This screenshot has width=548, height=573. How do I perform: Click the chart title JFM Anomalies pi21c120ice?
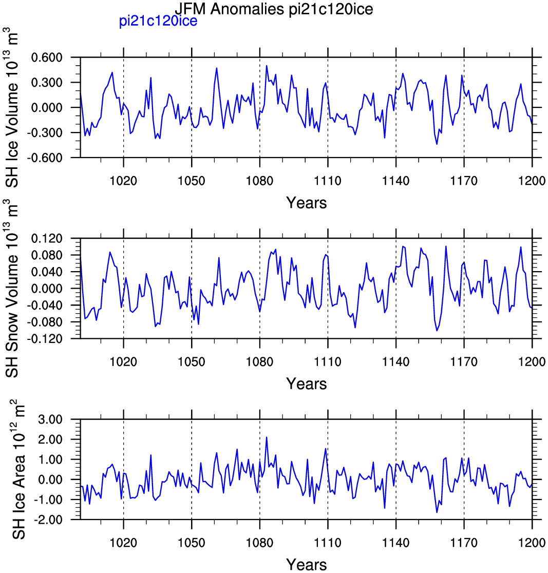273,8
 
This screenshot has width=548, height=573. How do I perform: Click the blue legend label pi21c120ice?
158,21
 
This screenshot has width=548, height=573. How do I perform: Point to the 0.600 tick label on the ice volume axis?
47,58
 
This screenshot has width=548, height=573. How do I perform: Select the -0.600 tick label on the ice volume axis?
45,158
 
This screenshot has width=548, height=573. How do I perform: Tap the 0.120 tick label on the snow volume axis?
47,238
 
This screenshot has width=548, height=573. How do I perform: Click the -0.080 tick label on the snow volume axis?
45,322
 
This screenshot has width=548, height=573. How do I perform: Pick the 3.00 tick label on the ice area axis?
50,419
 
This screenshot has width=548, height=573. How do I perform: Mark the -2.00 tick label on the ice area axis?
48,519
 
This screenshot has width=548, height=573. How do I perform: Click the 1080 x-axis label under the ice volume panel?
259,181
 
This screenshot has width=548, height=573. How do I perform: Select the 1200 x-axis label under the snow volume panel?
532,361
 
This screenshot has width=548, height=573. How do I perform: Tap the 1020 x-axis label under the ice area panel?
124,542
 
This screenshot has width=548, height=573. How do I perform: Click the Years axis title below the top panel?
306,202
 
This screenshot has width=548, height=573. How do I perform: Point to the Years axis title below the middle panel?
306,384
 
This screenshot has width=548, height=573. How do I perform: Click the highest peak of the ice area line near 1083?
267,437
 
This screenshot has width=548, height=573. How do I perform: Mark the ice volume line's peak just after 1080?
267,66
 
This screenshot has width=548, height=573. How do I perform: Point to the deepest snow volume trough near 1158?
437,330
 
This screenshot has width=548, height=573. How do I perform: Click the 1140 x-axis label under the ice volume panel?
396,181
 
